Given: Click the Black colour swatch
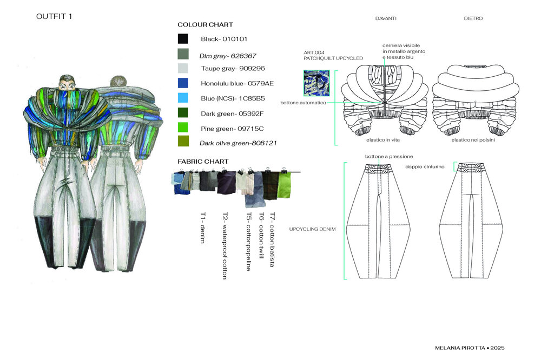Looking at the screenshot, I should click(x=183, y=39).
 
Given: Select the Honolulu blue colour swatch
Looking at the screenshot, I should click(x=183, y=83).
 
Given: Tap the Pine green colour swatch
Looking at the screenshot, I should click(x=183, y=128).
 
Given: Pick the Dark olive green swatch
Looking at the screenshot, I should click(x=183, y=143).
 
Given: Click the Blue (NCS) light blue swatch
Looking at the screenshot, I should click(x=183, y=98).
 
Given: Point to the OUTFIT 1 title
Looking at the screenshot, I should click(x=54, y=17).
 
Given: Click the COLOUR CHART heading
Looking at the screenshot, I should click(x=205, y=25).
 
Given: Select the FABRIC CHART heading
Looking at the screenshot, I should click(x=203, y=161).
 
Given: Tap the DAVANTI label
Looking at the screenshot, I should click(x=386, y=18).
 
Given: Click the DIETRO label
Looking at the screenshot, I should click(x=473, y=18).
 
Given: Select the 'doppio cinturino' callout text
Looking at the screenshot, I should click(x=425, y=167).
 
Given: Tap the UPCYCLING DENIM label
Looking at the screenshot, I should click(x=313, y=229).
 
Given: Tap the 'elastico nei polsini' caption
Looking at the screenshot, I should click(x=473, y=140).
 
